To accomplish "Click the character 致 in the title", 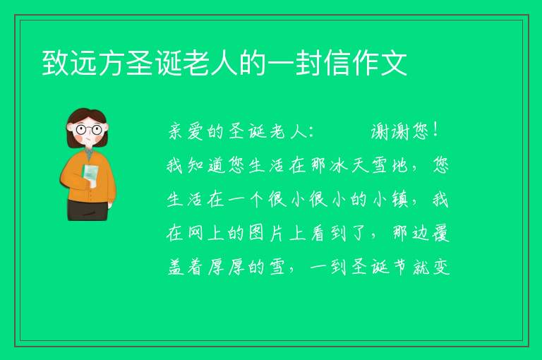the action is (x=55, y=63).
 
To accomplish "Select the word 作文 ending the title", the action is (x=380, y=63).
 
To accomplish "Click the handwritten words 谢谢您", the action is (x=399, y=132).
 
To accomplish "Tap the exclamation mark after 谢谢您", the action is (x=435, y=131).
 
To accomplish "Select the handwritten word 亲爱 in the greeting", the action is (x=186, y=132).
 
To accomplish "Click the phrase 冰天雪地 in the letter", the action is (x=368, y=165).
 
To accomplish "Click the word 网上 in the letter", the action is (x=206, y=234).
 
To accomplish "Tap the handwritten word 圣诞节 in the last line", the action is (x=378, y=268).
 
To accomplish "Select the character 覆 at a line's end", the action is (x=440, y=234).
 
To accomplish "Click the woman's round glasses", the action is (x=88, y=130).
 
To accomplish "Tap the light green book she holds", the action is (x=90, y=175).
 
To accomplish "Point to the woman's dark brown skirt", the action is (x=88, y=210).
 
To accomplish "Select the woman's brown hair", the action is (x=86, y=115).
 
